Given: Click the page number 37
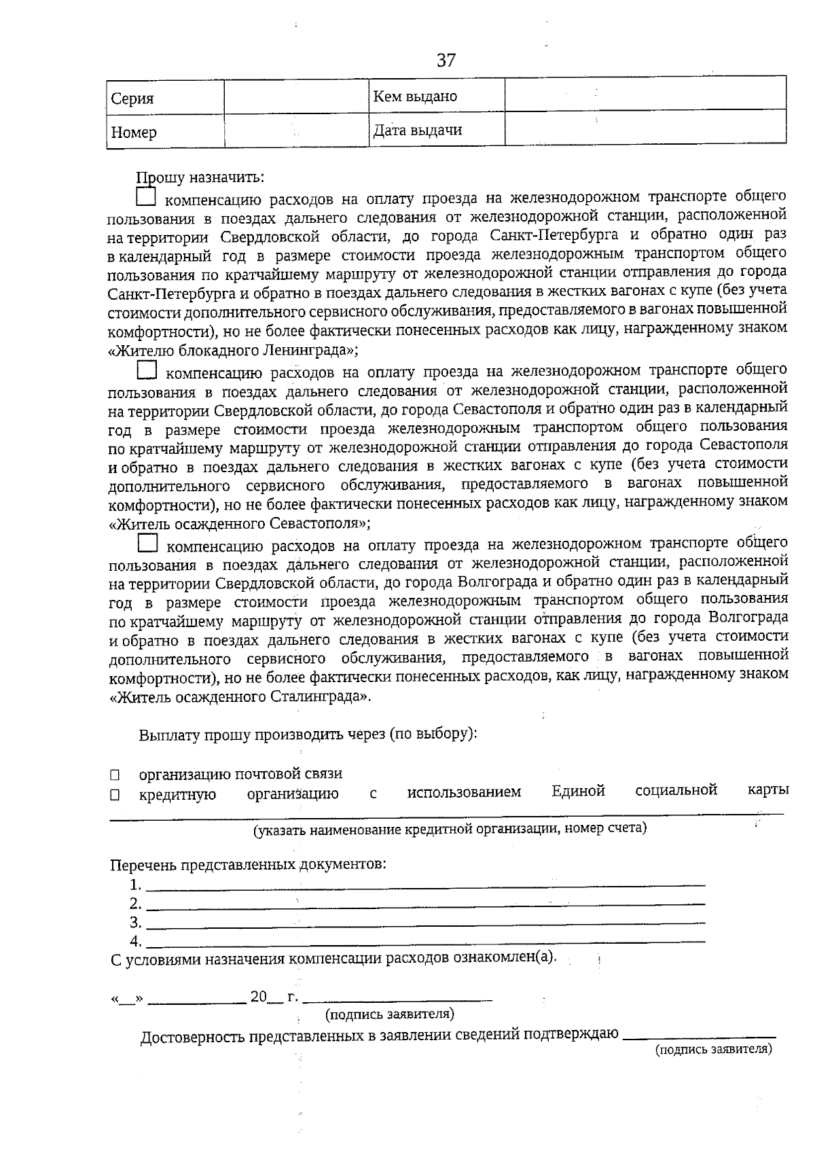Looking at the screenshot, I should [446, 60].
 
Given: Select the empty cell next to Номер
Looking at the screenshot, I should [296, 131].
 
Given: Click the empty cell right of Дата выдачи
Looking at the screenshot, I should [645, 129].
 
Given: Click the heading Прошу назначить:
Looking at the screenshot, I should [200, 178].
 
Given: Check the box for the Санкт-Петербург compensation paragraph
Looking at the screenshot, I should [146, 198].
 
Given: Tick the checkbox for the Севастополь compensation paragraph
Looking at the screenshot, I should [147, 371].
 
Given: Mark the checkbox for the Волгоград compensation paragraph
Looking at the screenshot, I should [147, 544].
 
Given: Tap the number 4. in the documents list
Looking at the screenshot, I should [136, 941].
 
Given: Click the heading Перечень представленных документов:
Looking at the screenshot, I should [249, 865].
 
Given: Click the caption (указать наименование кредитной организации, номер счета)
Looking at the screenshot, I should [449, 829].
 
